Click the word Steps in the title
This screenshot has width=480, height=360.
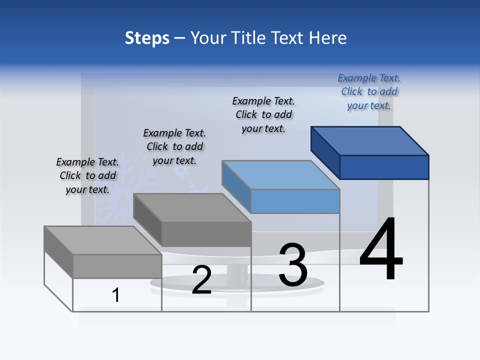click(147, 38)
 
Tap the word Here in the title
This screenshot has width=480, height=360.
click(327, 38)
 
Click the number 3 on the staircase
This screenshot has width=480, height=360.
click(293, 264)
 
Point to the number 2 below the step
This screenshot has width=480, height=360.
click(201, 280)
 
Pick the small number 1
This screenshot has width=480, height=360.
click(116, 295)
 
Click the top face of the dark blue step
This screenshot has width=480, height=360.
click(370, 140)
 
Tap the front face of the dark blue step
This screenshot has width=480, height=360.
click(384, 167)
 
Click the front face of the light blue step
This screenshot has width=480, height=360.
click(295, 201)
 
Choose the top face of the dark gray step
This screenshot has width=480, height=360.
click(192, 207)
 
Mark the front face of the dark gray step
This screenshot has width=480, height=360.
click(206, 234)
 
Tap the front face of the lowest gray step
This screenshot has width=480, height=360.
click(117, 266)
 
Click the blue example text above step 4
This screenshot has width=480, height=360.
click(369, 91)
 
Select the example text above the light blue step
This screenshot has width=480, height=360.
click(263, 114)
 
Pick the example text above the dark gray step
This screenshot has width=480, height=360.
click(174, 146)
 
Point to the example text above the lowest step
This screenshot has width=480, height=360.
click(87, 175)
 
